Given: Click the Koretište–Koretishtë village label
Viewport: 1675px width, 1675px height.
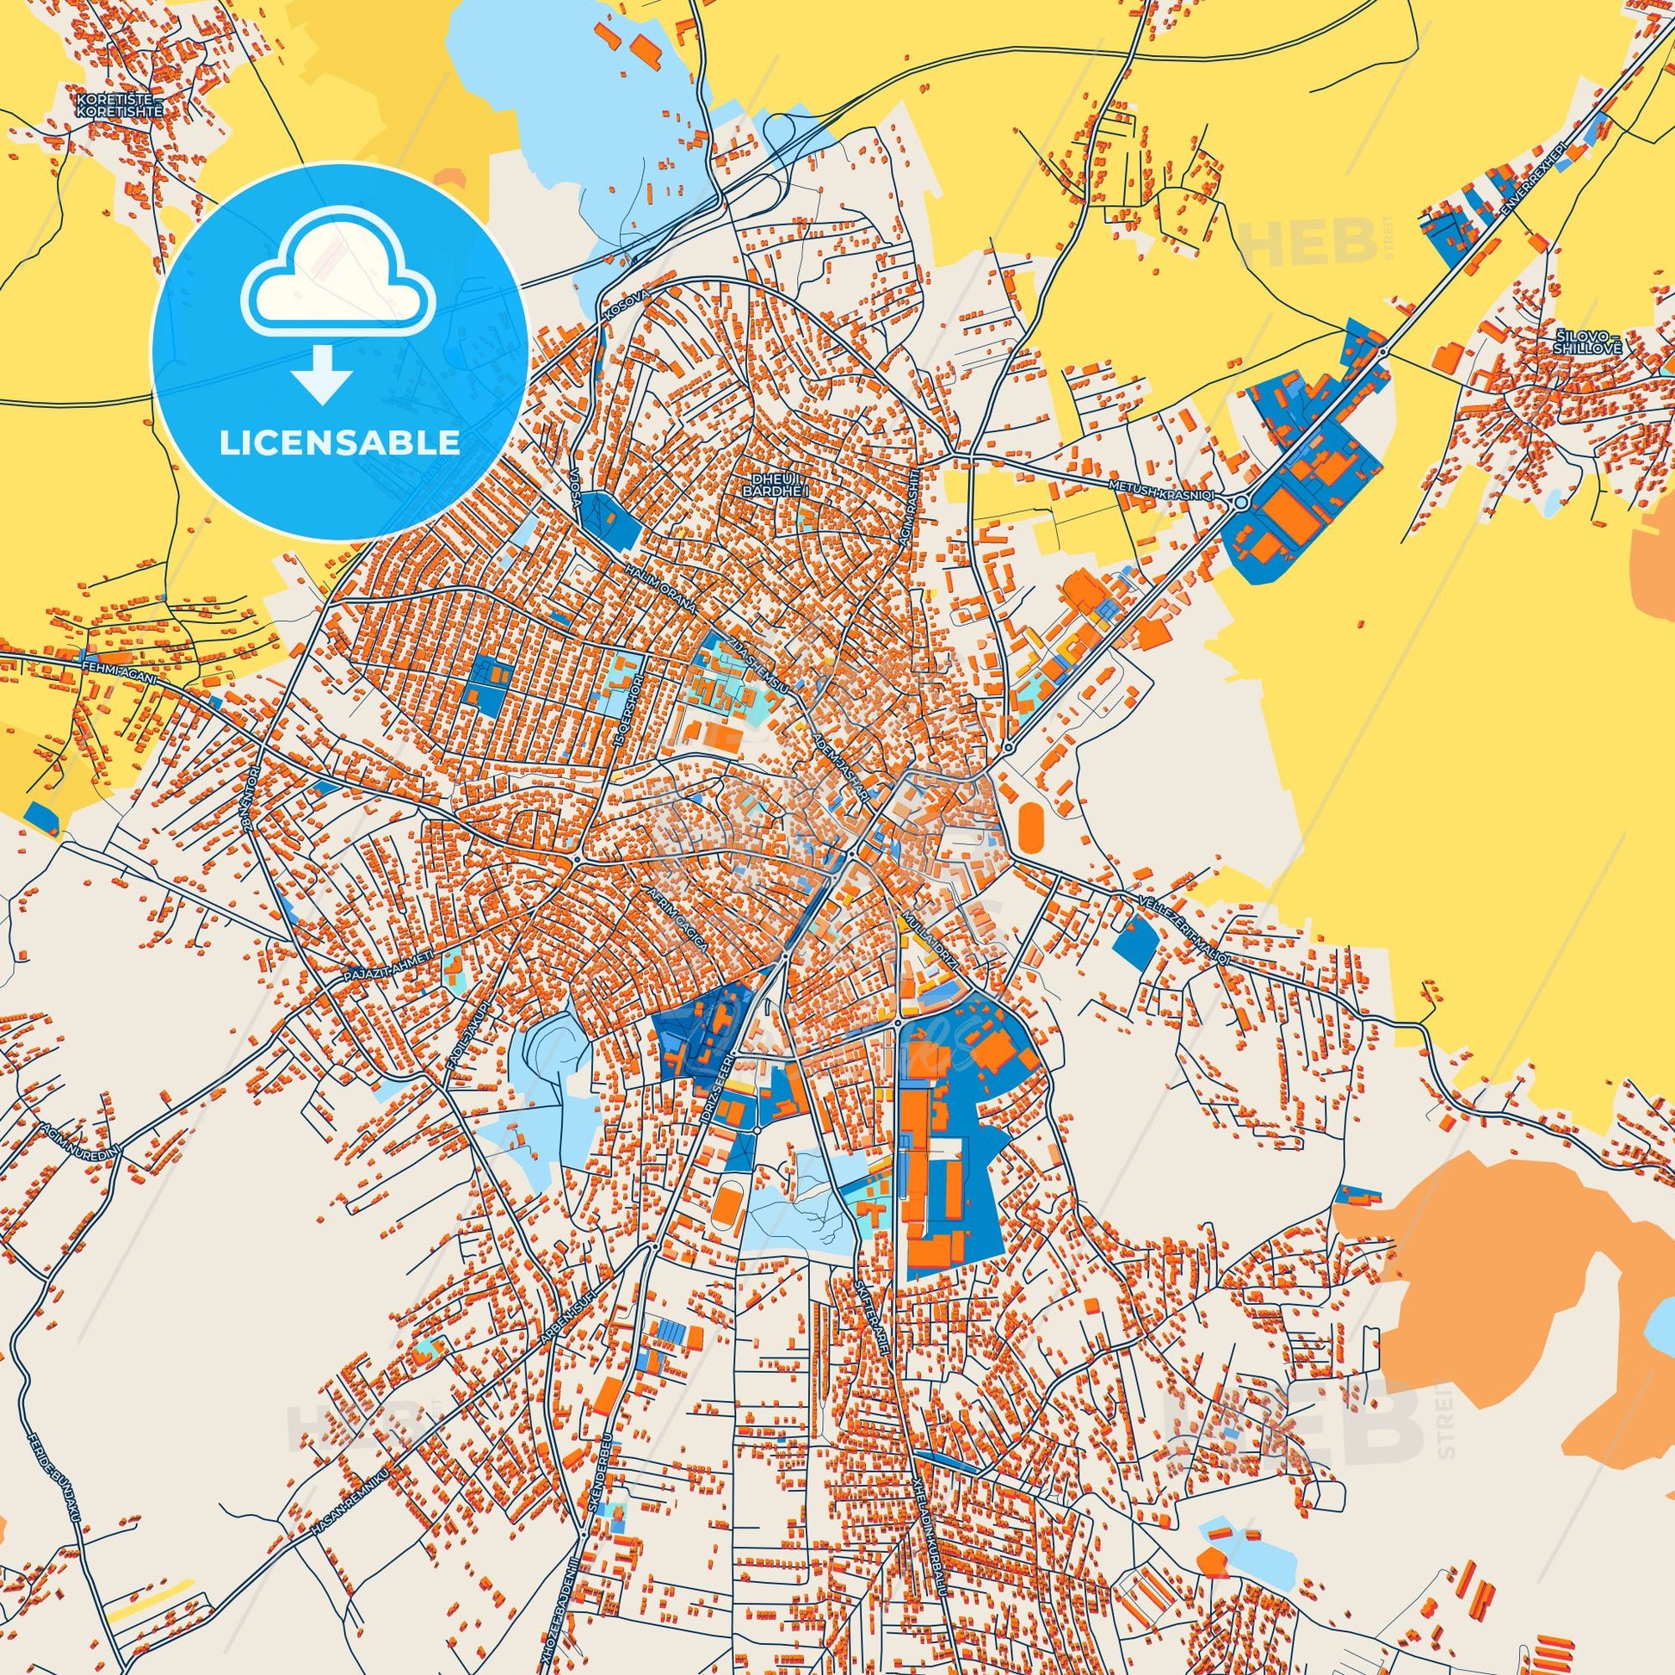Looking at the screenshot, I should pyautogui.click(x=119, y=105).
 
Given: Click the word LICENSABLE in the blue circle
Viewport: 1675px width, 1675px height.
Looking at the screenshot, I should pyautogui.click(x=339, y=443).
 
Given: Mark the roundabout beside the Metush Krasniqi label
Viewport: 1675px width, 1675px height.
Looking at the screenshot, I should pyautogui.click(x=1240, y=501).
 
